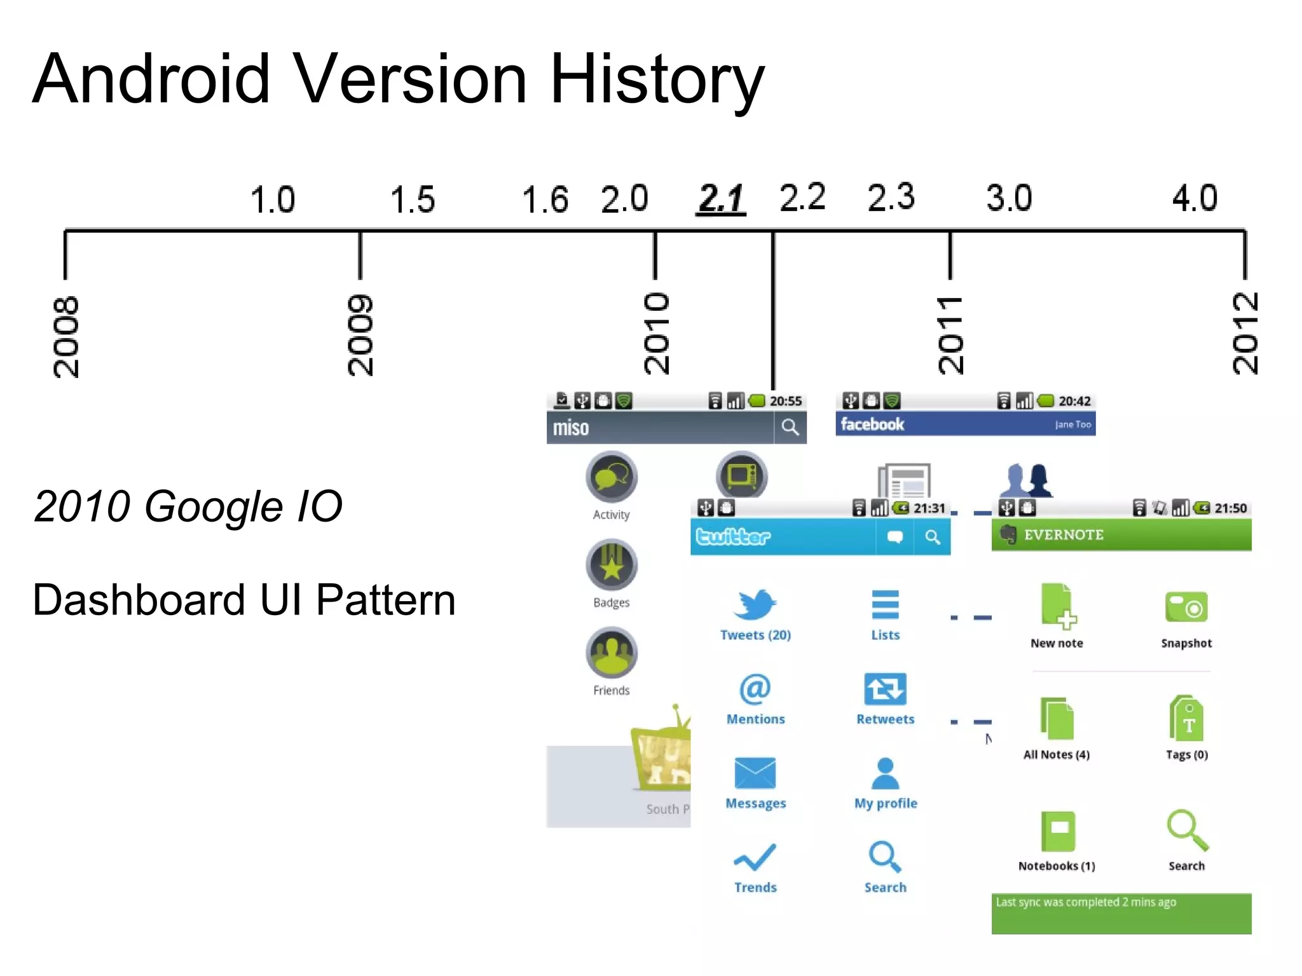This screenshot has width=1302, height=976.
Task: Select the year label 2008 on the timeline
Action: [x=66, y=336]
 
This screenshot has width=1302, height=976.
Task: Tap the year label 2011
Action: [x=950, y=335]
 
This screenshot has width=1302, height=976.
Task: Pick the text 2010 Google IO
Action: [x=188, y=506]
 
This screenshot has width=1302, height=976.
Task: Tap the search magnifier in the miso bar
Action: [x=790, y=427]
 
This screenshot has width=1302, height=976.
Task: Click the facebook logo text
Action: [x=872, y=424]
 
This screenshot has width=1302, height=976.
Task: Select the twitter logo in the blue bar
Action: [x=733, y=537]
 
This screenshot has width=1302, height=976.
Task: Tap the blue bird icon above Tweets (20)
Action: [x=755, y=604]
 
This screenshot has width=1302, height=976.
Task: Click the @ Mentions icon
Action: [x=755, y=689]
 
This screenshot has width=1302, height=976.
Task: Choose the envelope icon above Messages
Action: [x=755, y=773]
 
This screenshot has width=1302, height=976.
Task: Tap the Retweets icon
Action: [x=885, y=689]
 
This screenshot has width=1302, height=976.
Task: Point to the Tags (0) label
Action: [x=1186, y=755]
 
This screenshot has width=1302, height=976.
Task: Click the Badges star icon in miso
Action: [x=612, y=564]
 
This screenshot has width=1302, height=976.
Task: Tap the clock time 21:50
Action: [x=1230, y=508]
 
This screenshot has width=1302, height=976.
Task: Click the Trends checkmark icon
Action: [x=755, y=857]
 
